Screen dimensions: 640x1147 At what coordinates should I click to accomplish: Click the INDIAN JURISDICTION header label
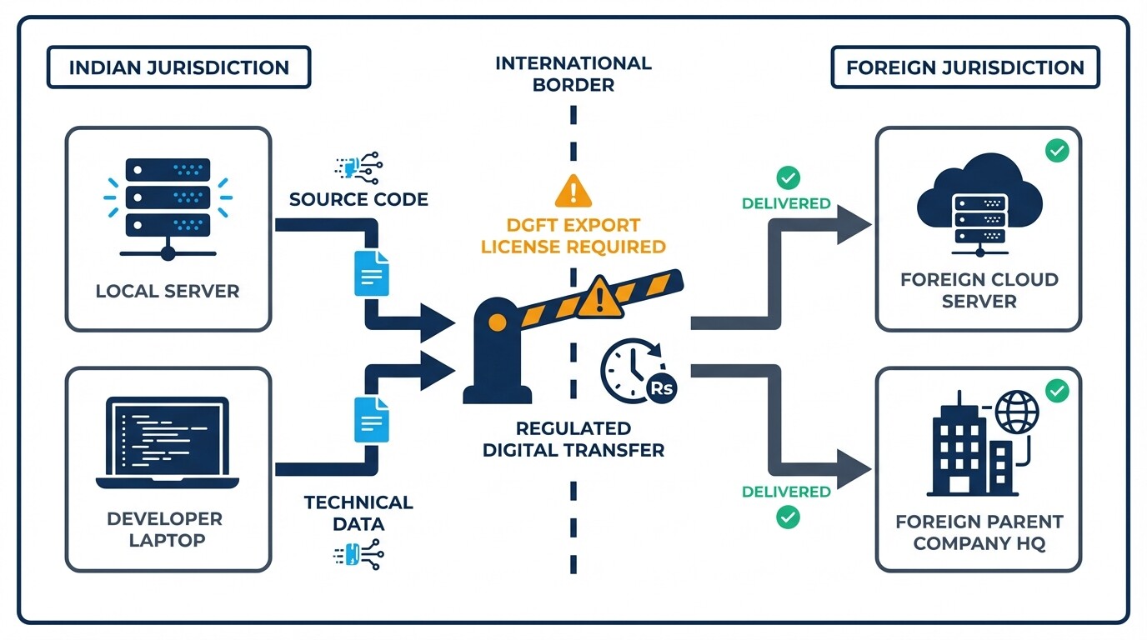point(178,67)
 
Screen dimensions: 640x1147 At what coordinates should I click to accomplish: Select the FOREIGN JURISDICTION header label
point(964,67)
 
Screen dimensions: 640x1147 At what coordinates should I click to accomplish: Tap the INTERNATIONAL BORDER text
point(573,74)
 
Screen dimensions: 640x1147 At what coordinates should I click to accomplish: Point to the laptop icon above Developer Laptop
point(168,442)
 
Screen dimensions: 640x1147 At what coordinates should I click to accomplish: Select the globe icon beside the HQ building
point(1017,412)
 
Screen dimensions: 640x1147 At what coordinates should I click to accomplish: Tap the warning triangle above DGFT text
point(573,191)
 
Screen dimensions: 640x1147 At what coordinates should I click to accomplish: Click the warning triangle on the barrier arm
point(600,297)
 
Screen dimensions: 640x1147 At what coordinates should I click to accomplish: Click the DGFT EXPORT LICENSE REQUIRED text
point(573,236)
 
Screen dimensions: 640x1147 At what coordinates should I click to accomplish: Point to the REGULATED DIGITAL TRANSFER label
point(573,439)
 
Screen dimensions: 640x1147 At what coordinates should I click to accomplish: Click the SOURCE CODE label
point(358,200)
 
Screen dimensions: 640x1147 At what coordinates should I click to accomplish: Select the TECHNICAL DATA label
point(358,512)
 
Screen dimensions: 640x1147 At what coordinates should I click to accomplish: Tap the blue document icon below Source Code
point(371,272)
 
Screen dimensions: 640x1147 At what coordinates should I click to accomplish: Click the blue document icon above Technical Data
point(371,419)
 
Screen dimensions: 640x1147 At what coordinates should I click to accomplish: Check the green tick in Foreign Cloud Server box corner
point(1057,151)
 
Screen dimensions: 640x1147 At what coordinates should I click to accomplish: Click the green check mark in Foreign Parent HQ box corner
point(1057,390)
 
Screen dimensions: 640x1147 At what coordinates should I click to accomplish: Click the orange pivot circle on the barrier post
point(497,322)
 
